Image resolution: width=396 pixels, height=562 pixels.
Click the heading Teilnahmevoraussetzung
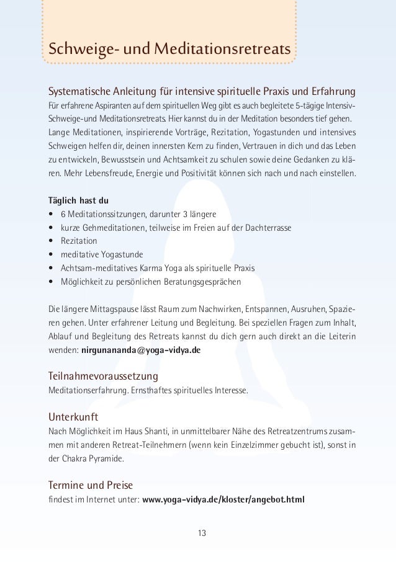(102, 377)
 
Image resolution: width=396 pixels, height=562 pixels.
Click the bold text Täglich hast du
(78, 201)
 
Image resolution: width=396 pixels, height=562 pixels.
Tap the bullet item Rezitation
(79, 240)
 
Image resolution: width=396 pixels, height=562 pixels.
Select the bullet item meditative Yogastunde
(101, 254)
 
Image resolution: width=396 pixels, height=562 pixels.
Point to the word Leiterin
(340, 336)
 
